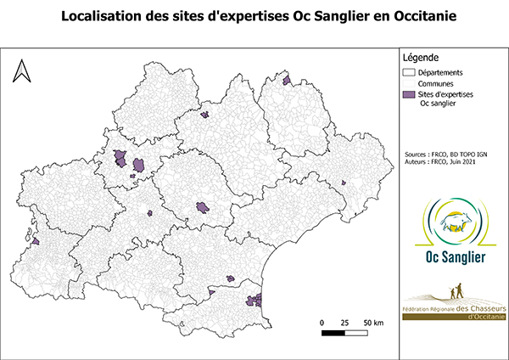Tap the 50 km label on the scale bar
pos(373,323)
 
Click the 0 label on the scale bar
pos(322,323)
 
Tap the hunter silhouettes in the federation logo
pos(458,293)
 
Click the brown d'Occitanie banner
pos(454,317)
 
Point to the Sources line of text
pos(447,155)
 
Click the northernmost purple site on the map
pos(287,82)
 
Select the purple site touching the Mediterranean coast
pos(255,298)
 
